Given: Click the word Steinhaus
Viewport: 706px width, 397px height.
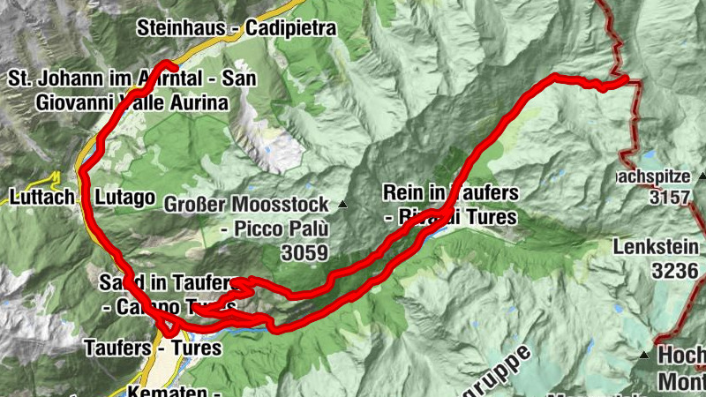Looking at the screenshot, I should click(x=179, y=28).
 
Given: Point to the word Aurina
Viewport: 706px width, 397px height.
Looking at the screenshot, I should click(x=199, y=101).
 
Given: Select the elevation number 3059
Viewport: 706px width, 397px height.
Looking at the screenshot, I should click(x=300, y=254).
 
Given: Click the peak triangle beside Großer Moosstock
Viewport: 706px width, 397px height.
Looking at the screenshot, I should click(x=342, y=205).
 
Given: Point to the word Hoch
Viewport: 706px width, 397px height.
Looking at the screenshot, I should click(x=682, y=356).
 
